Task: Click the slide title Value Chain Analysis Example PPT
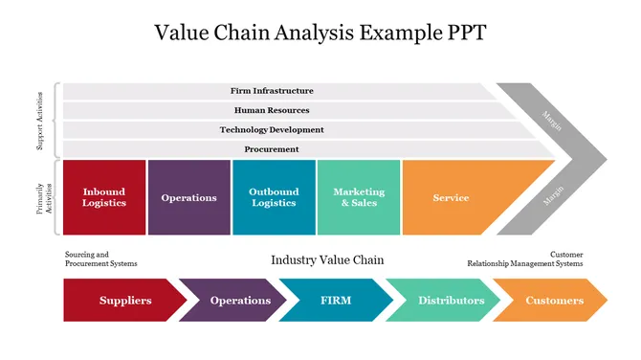pyautogui.click(x=320, y=33)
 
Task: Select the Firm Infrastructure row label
pyautogui.click(x=272, y=91)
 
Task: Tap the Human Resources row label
pyautogui.click(x=272, y=110)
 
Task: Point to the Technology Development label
pyautogui.click(x=272, y=129)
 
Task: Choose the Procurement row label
pyautogui.click(x=272, y=149)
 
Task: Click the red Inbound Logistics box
pyautogui.click(x=103, y=197)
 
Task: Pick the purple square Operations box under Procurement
pyautogui.click(x=188, y=197)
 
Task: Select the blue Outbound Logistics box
pyautogui.click(x=274, y=197)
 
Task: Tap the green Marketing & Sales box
pyautogui.click(x=359, y=197)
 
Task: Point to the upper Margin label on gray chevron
pyautogui.click(x=552, y=120)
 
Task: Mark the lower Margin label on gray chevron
pyautogui.click(x=552, y=196)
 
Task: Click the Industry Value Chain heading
pyautogui.click(x=327, y=259)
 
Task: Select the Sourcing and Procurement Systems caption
pyautogui.click(x=100, y=259)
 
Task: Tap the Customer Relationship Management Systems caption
pyautogui.click(x=524, y=259)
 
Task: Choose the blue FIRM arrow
pyautogui.click(x=336, y=301)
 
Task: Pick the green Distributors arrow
pyautogui.click(x=450, y=301)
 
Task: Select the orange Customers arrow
pyautogui.click(x=554, y=301)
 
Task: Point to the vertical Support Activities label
pyautogui.click(x=39, y=120)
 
